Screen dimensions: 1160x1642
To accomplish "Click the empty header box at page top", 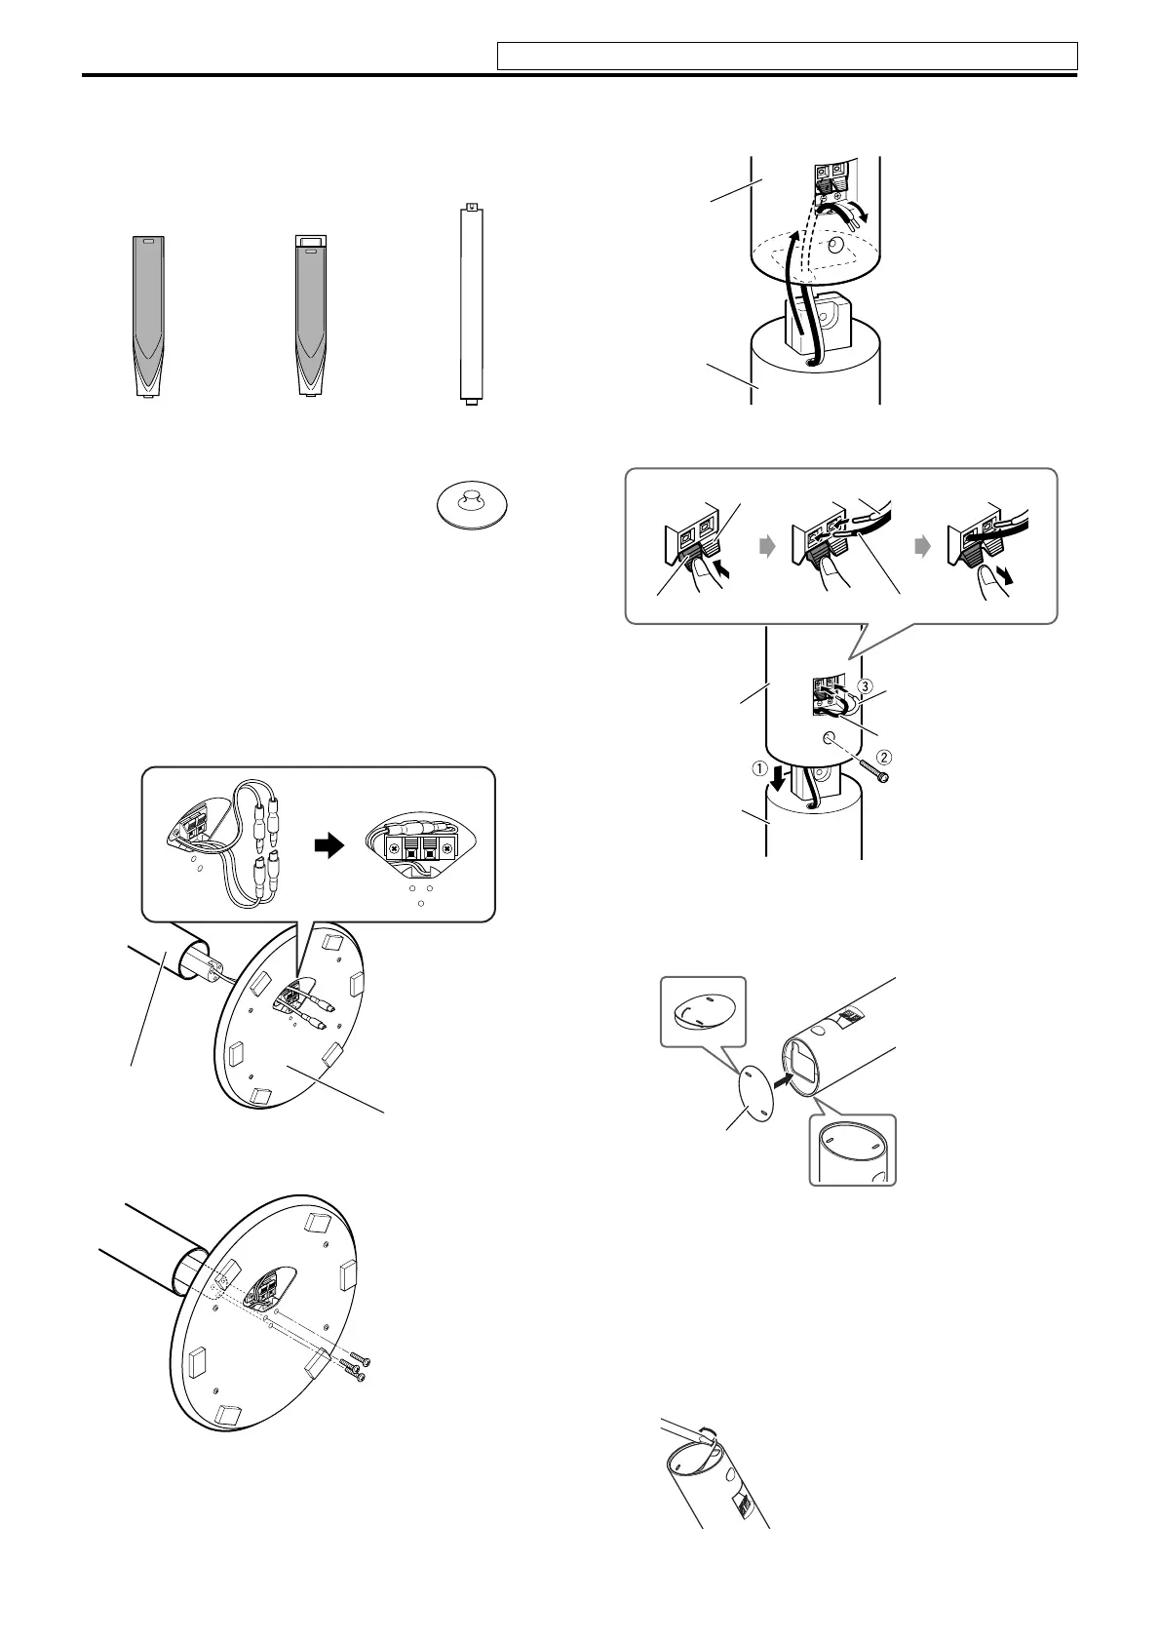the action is point(787,56).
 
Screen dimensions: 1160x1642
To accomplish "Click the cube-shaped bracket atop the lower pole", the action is point(816,323).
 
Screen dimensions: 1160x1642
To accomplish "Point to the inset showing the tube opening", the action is point(852,1150).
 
